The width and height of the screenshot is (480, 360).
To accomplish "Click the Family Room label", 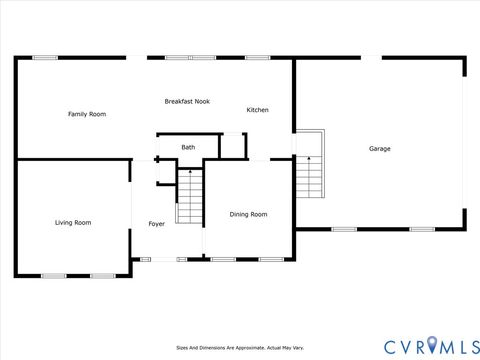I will [87, 114].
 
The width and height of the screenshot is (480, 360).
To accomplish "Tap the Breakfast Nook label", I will [187, 101].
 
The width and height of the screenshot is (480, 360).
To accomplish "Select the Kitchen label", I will [257, 110].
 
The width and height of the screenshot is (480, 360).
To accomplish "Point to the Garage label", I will [380, 149].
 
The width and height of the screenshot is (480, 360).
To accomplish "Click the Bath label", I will [188, 148].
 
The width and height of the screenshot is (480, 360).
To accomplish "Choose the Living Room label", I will [73, 222].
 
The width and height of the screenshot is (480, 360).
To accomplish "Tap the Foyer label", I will [157, 224].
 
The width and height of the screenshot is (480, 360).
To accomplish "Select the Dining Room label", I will [248, 214].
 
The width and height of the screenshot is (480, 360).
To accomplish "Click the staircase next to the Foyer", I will [190, 196].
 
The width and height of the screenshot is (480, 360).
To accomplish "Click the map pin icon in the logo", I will [432, 345].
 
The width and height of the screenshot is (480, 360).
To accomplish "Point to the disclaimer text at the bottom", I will [240, 348].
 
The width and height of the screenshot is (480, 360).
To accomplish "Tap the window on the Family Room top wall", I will [45, 57].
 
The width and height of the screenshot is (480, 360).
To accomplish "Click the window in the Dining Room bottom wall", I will [224, 259].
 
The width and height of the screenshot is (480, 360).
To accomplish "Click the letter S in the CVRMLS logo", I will [470, 345].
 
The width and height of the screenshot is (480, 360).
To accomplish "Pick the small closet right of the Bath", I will [233, 146].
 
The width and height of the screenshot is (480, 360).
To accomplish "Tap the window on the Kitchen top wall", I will [257, 57].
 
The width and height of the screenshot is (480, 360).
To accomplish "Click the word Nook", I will [202, 101].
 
